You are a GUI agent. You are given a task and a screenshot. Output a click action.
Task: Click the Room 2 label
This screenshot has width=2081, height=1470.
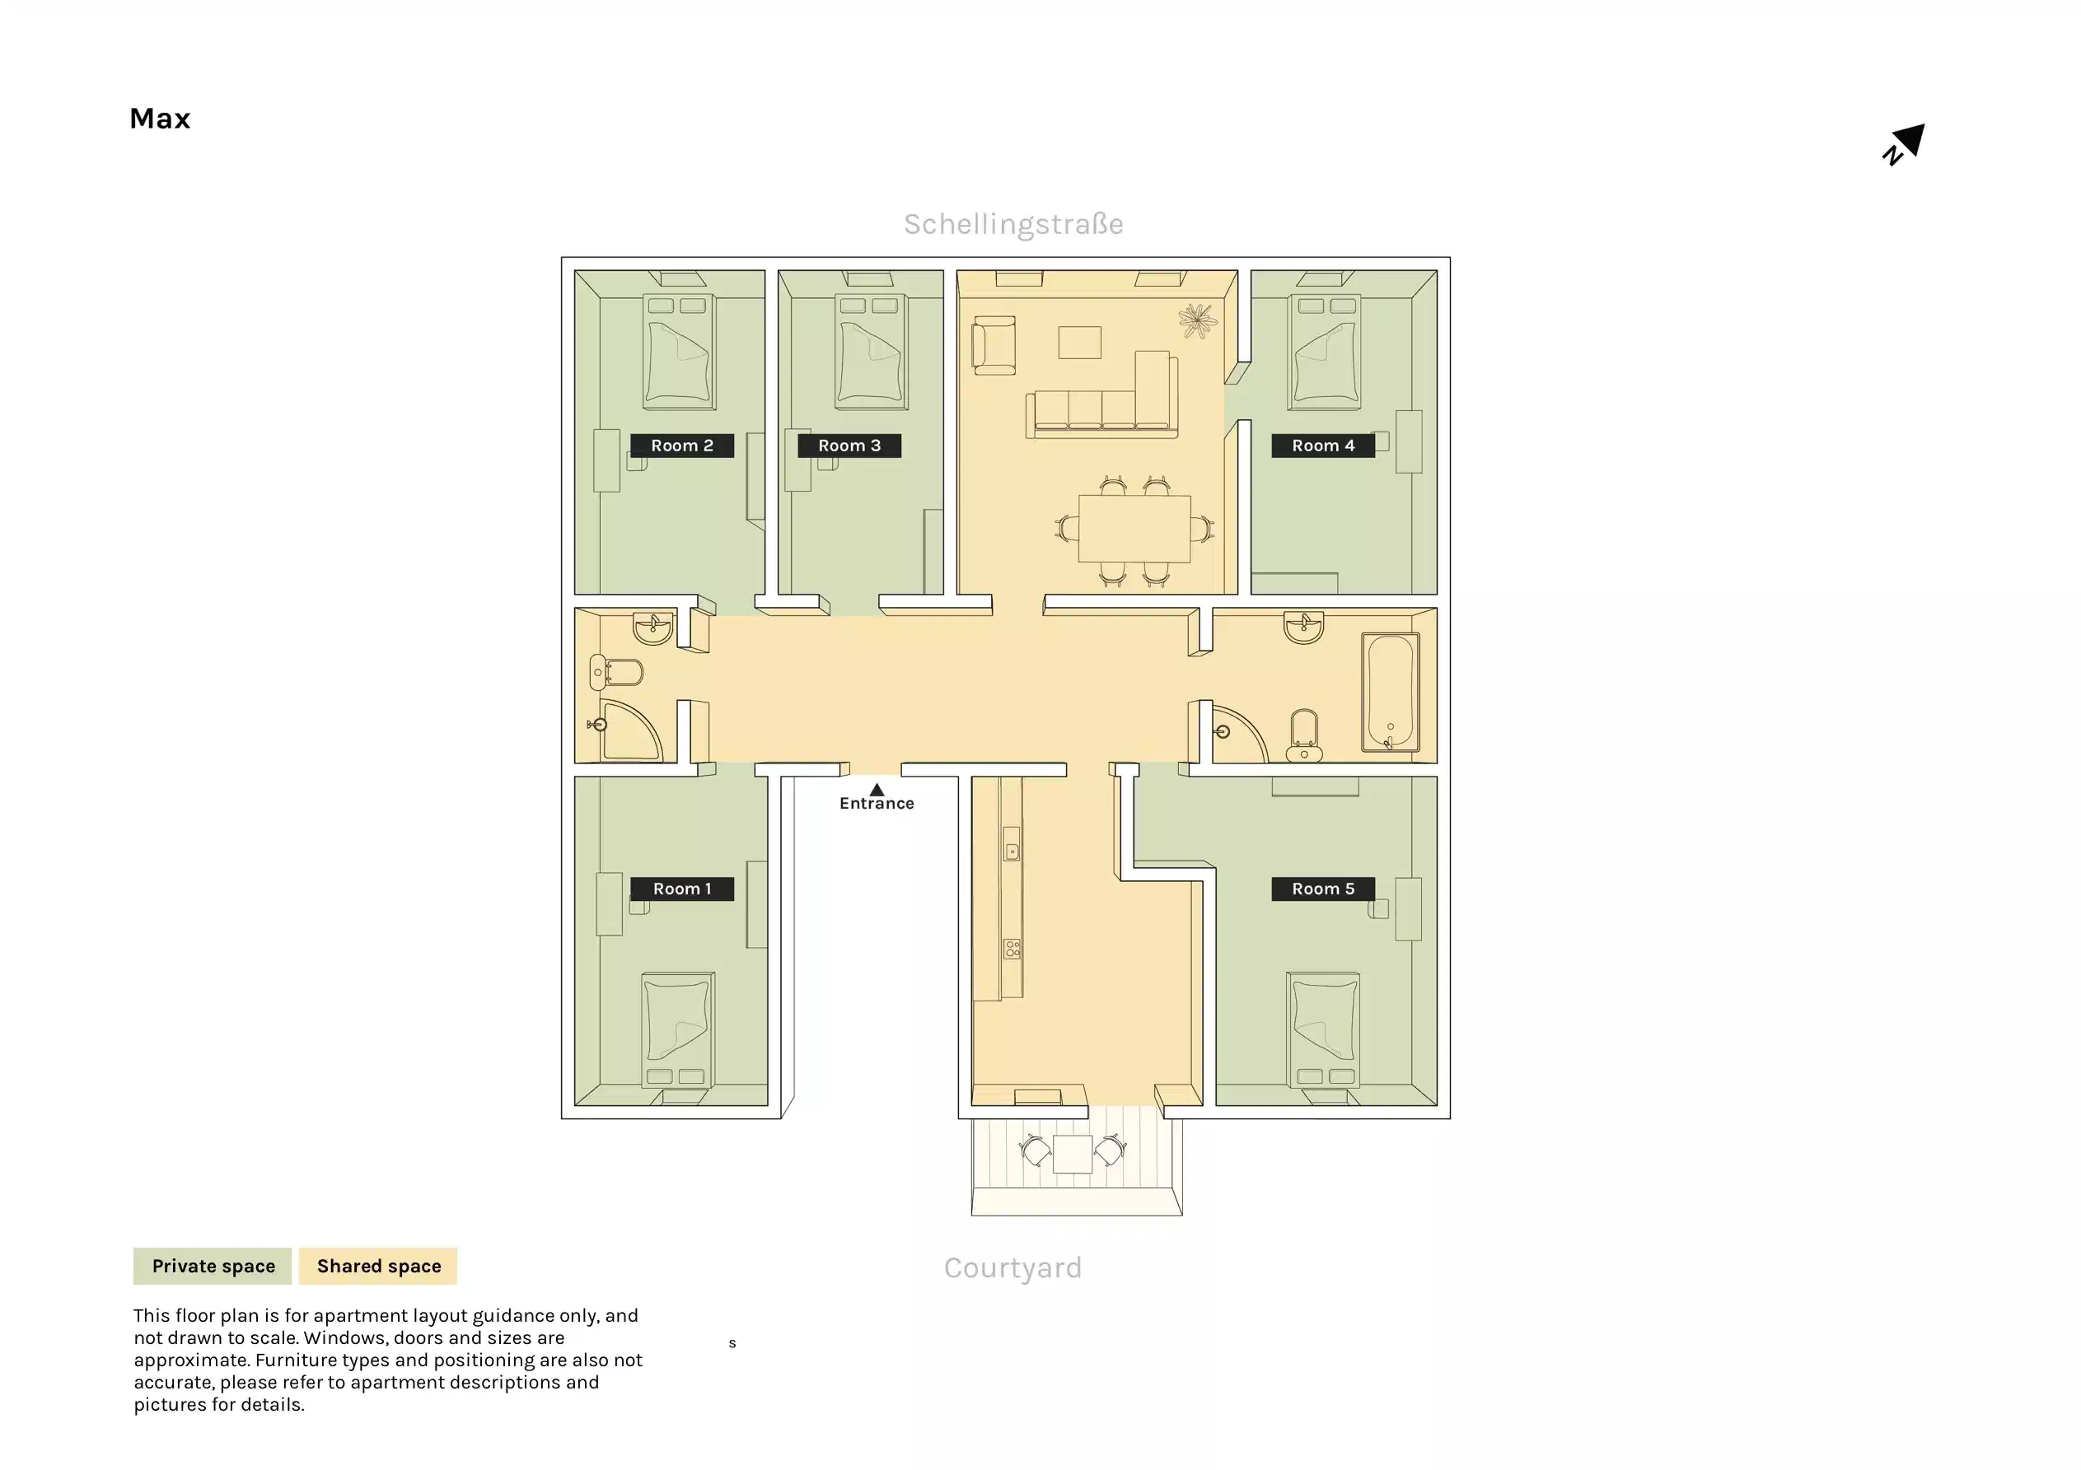(681, 445)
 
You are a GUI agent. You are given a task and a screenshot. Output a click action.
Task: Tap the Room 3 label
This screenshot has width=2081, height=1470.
(849, 445)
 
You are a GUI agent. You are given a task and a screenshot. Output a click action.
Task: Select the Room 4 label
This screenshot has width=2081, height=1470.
(1322, 445)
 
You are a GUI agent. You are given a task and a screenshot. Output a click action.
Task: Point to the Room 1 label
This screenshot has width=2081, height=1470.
(681, 888)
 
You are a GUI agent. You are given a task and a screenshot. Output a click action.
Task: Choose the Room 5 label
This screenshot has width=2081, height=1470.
(1322, 888)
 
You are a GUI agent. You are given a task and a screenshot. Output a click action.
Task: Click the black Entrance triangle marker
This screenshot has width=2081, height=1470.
(877, 790)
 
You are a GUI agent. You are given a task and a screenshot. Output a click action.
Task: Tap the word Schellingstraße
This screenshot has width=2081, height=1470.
(1013, 224)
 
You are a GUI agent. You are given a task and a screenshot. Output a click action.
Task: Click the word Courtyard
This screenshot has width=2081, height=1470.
(1012, 1267)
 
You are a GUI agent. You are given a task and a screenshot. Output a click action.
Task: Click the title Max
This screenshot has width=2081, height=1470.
(160, 119)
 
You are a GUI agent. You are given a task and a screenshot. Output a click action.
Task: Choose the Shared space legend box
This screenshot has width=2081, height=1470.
(378, 1265)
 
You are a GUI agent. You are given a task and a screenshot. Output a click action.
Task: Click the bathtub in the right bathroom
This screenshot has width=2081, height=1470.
(1390, 693)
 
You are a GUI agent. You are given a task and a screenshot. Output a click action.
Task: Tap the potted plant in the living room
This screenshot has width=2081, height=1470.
(1197, 321)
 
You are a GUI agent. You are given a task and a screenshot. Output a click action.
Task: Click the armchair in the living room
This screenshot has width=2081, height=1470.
(994, 344)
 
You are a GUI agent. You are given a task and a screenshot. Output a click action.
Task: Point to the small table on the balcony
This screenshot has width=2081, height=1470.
(1073, 1154)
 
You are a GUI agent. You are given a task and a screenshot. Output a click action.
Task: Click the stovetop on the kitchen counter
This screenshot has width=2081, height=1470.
(1012, 949)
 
